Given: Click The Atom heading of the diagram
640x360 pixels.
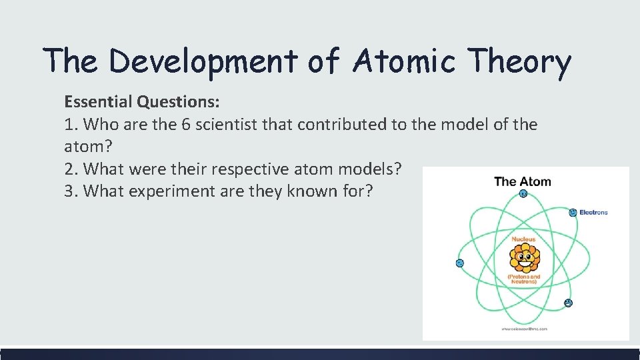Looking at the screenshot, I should point(523,181).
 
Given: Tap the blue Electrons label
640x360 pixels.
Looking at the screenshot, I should point(593,213).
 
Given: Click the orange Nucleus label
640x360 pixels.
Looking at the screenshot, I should point(523,239).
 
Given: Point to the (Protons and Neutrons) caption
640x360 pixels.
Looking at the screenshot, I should point(524,279).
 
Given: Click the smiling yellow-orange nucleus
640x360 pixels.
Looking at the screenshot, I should point(524,257).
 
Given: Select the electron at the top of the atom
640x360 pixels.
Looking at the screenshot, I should point(523,194).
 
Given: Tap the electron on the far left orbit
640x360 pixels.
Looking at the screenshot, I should point(459,263).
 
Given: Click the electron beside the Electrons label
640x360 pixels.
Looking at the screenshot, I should point(573,213).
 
